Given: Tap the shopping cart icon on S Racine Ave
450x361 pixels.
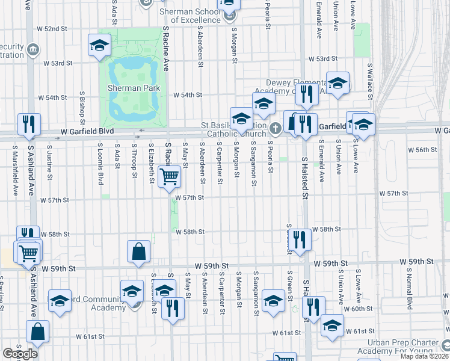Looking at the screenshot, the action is [169, 177].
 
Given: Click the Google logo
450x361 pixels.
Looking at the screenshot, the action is [20, 354].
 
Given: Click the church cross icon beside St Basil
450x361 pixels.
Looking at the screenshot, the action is [276, 128].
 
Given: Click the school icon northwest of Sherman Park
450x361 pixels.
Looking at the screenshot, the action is [99, 45].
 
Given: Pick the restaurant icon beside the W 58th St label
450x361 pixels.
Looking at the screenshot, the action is [300, 238].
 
